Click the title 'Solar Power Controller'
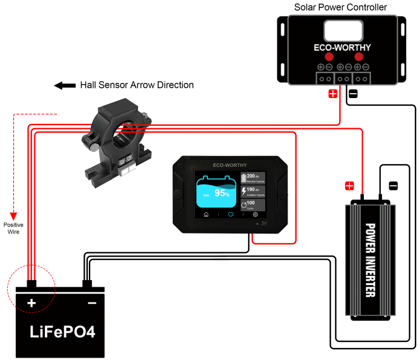pyautogui.click(x=340, y=7)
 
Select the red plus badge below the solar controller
pyautogui.click(x=332, y=94)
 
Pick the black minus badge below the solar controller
pyautogui.click(x=353, y=94)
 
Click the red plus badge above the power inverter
pyautogui.click(x=349, y=185)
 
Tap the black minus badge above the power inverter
pyautogui.click(x=392, y=185)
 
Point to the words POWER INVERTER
pyautogui.click(x=371, y=260)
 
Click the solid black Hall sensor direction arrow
pyautogui.click(x=64, y=86)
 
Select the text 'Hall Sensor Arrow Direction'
pyautogui.click(x=137, y=85)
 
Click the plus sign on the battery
pyautogui.click(x=31, y=302)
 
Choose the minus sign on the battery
pyautogui.click(x=92, y=302)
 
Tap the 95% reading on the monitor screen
pyautogui.click(x=222, y=194)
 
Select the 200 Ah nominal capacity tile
pyautogui.click(x=253, y=178)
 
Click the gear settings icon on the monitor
pyautogui.click(x=256, y=215)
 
